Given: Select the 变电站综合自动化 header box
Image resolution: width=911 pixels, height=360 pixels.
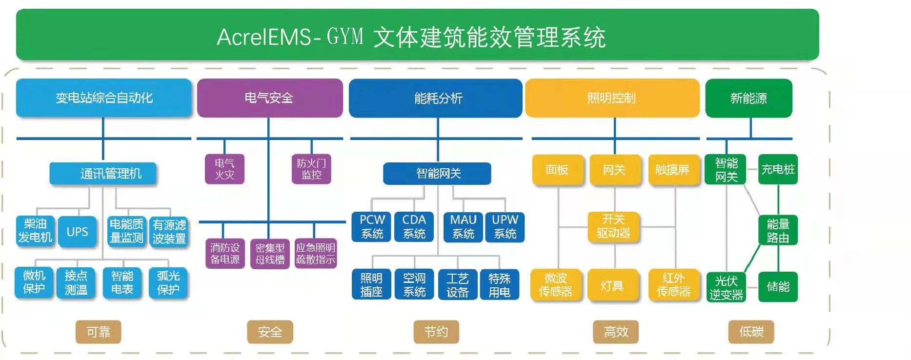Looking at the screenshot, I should click(103, 98).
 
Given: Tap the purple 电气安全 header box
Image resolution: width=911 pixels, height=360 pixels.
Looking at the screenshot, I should click(269, 98).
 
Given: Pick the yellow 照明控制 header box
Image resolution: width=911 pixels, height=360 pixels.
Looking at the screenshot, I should click(612, 98).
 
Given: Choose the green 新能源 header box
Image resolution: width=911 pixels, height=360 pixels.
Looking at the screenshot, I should click(749, 98).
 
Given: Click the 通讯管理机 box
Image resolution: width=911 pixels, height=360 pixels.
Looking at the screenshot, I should click(103, 174).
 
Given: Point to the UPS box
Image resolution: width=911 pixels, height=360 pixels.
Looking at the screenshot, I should click(77, 232).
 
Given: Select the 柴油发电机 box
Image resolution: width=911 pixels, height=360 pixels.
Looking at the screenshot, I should click(35, 231).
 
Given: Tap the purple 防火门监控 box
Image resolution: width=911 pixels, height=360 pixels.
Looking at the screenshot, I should click(311, 169).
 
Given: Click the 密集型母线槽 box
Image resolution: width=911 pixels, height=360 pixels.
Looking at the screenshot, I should click(270, 254).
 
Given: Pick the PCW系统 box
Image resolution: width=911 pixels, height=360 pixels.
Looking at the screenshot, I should click(372, 227).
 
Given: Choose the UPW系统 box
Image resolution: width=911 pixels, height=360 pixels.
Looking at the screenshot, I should click(505, 227).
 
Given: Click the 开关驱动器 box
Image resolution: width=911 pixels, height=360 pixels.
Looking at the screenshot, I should click(614, 226).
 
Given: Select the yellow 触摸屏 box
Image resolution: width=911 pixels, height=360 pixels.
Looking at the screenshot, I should click(672, 170).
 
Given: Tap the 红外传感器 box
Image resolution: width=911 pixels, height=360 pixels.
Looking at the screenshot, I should click(673, 285).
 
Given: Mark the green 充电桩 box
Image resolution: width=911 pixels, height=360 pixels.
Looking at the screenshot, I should click(778, 169).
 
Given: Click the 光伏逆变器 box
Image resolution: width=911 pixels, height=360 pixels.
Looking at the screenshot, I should click(726, 287).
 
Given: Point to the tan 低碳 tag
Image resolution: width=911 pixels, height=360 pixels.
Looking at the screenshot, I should click(751, 332).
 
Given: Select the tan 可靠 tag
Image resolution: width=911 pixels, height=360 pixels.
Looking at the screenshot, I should click(98, 332).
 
